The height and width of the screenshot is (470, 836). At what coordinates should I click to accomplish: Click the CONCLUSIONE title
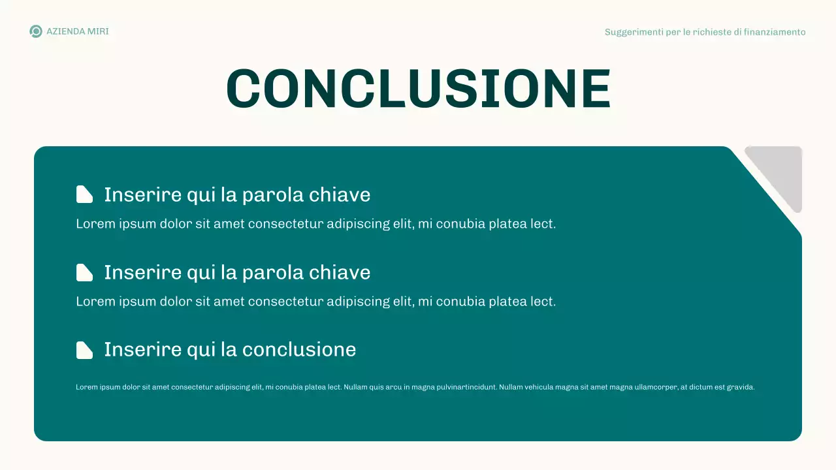[x=418, y=89]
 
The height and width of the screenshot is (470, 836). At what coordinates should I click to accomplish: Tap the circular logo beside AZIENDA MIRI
[x=36, y=31]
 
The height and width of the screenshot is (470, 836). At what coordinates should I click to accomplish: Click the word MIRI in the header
[x=98, y=31]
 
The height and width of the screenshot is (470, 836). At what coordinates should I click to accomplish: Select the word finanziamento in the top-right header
[x=775, y=32]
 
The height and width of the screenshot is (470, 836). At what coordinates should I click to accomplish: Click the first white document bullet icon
[x=84, y=195]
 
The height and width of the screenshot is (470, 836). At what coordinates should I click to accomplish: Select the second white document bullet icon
[x=84, y=272]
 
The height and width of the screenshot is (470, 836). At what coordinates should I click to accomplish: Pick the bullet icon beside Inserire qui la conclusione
[x=84, y=350]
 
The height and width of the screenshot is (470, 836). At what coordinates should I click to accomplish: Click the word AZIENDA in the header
[x=65, y=31]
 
